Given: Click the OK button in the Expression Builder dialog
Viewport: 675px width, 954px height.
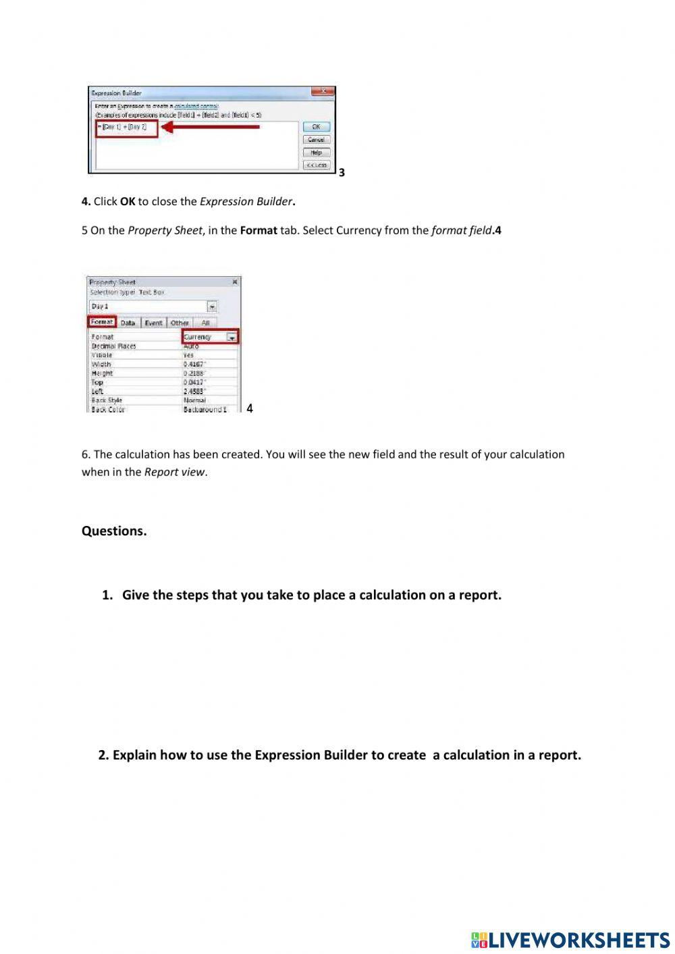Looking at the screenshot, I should click(316, 127).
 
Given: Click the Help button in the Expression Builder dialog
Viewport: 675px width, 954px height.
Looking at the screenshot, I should click(316, 153).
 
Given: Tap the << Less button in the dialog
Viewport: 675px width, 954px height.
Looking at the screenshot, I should click(316, 165).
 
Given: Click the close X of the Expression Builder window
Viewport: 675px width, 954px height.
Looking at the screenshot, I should click(323, 92).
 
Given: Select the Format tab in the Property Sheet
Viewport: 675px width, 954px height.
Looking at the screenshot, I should click(102, 322).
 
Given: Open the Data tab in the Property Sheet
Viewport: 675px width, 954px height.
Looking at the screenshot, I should click(128, 323).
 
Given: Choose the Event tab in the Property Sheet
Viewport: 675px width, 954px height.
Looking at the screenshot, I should click(153, 323).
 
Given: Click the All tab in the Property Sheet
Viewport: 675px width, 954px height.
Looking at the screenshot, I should click(205, 323).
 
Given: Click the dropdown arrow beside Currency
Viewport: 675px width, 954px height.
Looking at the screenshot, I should click(232, 337).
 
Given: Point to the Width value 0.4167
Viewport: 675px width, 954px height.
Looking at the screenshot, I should click(194, 365).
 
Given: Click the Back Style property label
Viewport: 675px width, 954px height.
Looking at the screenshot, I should click(107, 400).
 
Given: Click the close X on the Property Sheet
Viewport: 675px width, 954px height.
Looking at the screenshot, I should click(234, 282).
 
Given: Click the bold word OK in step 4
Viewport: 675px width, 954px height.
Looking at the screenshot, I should click(128, 201).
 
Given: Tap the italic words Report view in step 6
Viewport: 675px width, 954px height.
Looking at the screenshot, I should click(174, 472).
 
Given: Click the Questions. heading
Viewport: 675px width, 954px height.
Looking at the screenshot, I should click(114, 531).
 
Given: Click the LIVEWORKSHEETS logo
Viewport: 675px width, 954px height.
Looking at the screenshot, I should click(570, 940).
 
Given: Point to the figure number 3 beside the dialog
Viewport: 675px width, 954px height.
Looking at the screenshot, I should click(342, 173).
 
